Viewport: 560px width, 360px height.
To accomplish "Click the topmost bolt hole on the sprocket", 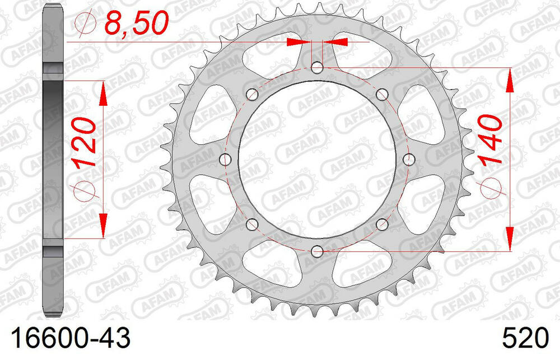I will coord(317,68).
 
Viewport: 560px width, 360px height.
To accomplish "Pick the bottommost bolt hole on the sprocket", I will coord(317,250).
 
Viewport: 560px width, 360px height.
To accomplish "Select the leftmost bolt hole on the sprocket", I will coord(226,160).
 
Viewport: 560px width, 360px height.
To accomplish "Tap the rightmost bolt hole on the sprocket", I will coord(408,160).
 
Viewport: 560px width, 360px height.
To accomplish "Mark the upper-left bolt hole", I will coord(252,93).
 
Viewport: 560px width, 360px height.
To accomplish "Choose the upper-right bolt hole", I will coord(382,93).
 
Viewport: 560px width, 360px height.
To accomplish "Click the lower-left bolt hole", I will coord(252,225).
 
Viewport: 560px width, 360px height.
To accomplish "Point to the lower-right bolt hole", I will coord(382,225).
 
